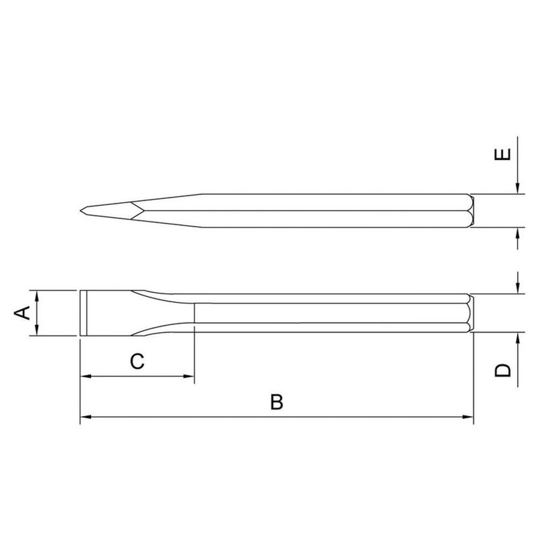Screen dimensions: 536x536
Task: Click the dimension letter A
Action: [21, 313]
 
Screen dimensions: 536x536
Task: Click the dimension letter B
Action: [277, 402]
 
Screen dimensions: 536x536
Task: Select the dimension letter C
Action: [137, 362]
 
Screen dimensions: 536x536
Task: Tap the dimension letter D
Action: [504, 369]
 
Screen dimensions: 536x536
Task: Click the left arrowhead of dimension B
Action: [84, 419]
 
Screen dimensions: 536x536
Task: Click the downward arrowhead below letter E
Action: [519, 190]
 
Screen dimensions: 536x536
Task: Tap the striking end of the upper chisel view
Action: [472, 211]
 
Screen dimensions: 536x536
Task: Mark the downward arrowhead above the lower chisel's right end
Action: [519, 289]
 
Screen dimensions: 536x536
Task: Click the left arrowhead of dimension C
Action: [84, 377]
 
